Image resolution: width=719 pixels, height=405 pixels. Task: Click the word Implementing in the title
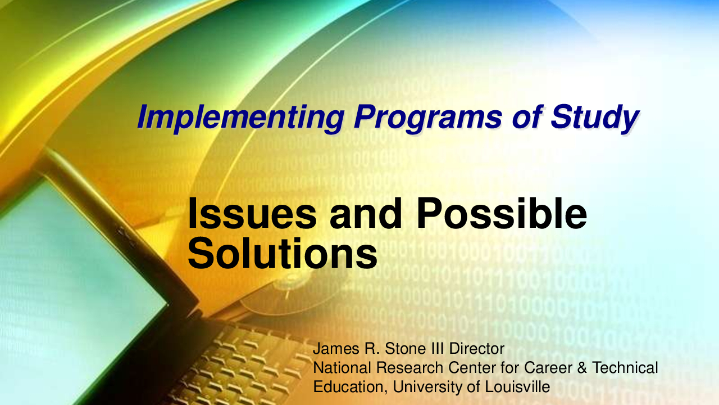241,118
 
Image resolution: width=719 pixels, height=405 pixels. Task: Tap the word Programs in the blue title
428,118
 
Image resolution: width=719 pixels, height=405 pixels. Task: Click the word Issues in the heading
252,213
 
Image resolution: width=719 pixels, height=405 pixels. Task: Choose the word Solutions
283,253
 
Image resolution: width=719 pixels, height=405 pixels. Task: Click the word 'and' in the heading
366,213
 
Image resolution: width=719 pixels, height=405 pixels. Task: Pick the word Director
477,349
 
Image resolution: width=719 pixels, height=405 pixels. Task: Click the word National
342,368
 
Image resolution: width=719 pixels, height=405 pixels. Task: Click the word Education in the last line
348,386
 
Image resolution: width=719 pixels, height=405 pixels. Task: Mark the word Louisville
517,386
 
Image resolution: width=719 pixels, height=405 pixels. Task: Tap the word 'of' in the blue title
527,118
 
